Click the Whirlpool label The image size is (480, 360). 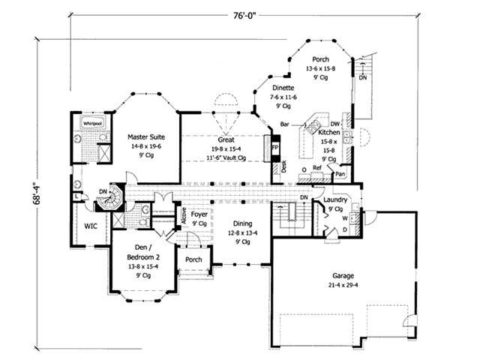coord(92,121)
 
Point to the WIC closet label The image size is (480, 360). coord(91,225)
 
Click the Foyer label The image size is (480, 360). coord(199,214)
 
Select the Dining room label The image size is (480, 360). coord(241,223)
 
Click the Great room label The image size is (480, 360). coord(226,140)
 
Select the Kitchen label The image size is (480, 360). coord(328,132)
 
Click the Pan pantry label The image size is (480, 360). coord(340,174)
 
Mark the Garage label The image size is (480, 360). coord(344,276)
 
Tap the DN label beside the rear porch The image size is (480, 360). coord(363,77)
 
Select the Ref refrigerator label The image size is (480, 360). coord(316,169)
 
